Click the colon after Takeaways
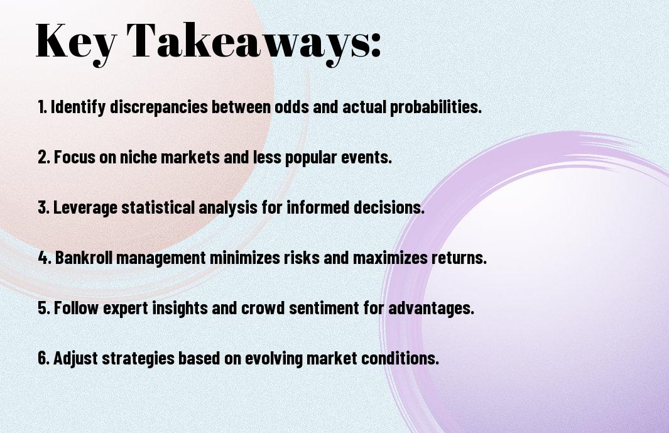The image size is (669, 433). click(376, 44)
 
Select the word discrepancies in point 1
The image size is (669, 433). click(159, 107)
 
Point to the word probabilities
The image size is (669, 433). click(435, 107)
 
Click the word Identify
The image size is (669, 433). click(78, 107)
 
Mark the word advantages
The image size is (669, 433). click(431, 308)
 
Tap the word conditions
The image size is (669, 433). click(400, 358)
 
